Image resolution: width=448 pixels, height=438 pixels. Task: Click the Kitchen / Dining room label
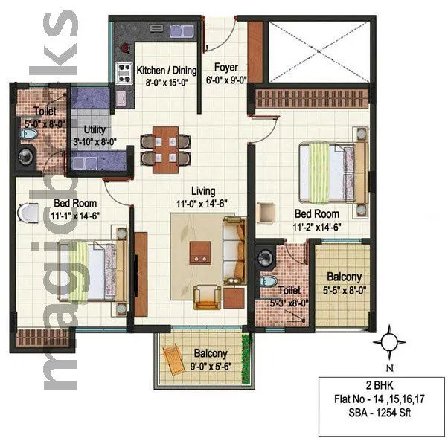click(167, 71)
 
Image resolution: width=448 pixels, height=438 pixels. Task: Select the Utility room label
click(87, 129)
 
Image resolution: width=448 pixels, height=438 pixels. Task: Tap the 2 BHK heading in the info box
click(380, 387)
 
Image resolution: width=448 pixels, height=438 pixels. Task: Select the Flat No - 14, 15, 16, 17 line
click(380, 400)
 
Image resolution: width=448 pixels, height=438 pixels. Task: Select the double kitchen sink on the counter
click(170, 33)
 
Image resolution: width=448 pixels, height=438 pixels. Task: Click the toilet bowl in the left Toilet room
click(29, 134)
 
